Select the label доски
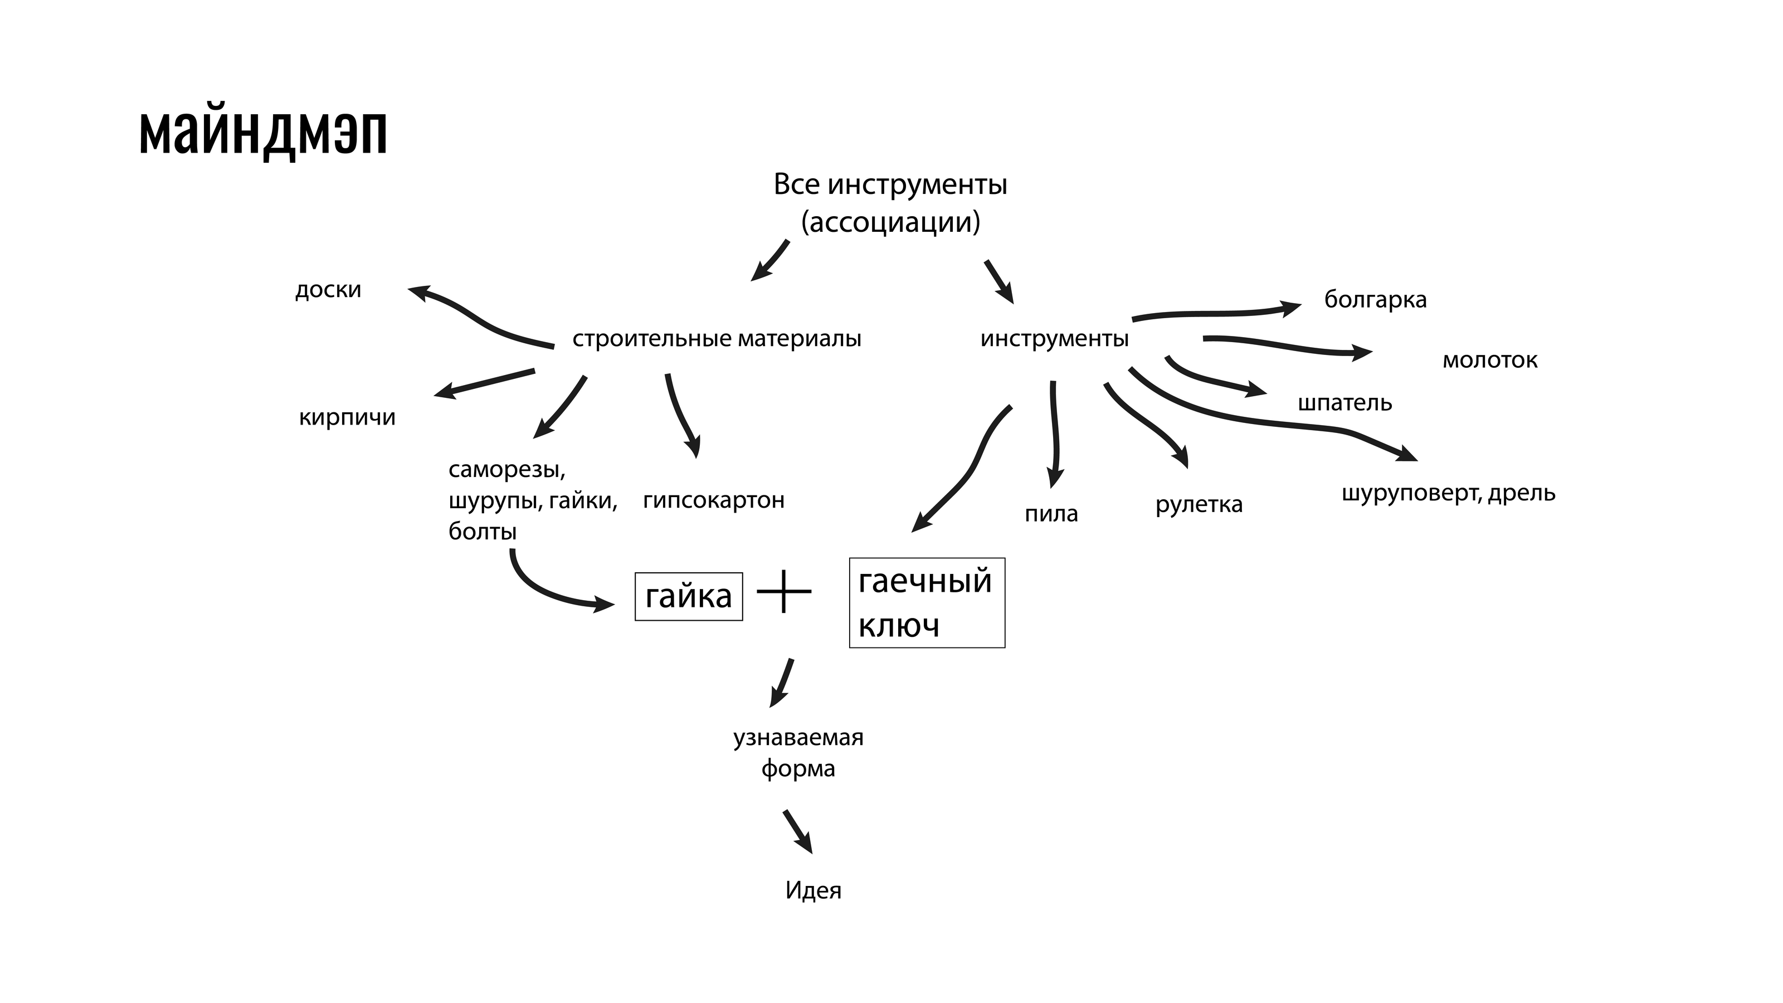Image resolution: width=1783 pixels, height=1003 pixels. point(328,289)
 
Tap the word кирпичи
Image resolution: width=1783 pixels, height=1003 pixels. point(347,417)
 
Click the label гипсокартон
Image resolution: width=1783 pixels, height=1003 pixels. point(714,500)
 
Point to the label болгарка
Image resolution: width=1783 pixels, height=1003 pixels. point(1375,300)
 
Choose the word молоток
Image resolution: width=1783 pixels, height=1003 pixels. point(1489,360)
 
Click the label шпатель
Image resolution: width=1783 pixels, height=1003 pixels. point(1344,403)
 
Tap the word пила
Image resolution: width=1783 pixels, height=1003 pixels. point(1051,514)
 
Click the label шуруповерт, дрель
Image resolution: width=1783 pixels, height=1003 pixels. point(1448,493)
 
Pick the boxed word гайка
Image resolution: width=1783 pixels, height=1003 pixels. point(688,596)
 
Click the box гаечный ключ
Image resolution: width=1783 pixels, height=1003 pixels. point(926,602)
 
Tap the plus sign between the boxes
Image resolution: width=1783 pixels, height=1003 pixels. point(783,591)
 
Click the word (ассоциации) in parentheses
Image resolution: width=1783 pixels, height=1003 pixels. point(890,223)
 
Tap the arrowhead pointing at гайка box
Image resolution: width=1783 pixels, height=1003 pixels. point(605,605)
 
